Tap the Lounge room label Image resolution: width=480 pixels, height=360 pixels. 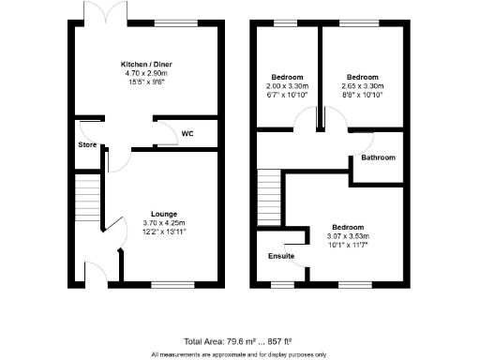click(x=153, y=214)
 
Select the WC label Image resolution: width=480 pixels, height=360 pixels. click(x=187, y=133)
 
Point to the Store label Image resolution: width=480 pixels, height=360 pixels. click(x=87, y=145)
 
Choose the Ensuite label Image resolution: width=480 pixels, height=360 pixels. click(x=280, y=256)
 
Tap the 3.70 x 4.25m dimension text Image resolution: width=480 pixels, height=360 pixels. click(x=153, y=222)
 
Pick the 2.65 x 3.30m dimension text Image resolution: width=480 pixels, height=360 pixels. click(x=361, y=85)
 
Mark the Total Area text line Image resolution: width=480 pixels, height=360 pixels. click(x=239, y=342)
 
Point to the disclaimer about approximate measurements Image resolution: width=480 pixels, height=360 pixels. click(x=239, y=354)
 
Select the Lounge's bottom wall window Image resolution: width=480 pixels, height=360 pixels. click(x=168, y=282)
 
